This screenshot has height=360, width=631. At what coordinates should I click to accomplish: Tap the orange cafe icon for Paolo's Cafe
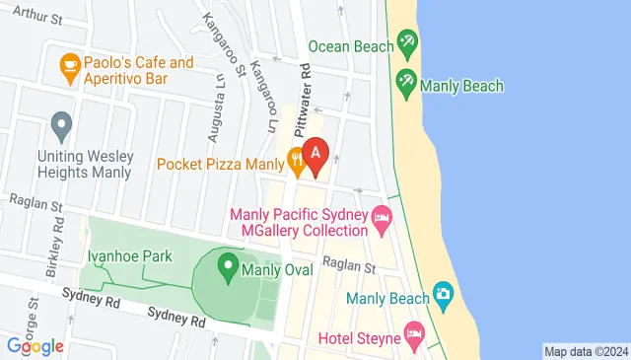[x=69, y=67]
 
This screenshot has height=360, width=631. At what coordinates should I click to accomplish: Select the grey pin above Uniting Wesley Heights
[x=62, y=126]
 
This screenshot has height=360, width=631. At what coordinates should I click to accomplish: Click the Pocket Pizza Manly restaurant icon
[x=295, y=158]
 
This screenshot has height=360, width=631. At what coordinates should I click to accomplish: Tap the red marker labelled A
[x=316, y=154]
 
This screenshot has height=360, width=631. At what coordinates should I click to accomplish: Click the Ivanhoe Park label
[x=129, y=256]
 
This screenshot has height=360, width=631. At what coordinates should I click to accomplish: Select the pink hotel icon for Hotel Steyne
[x=415, y=334]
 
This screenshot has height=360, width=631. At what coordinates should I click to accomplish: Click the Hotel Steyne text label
[x=359, y=339]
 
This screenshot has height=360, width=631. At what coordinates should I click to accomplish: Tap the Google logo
[x=35, y=346]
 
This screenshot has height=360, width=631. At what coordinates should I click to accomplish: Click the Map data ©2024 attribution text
[x=586, y=351]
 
